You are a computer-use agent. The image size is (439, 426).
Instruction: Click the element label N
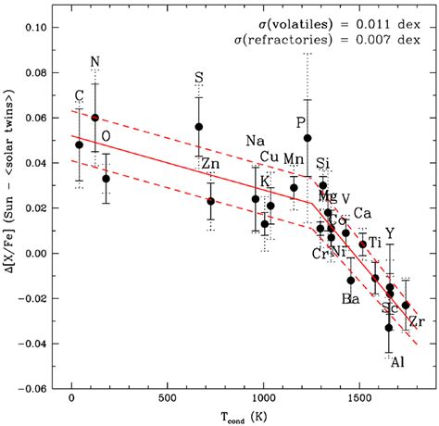(95, 63)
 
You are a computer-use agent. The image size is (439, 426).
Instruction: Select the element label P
(300, 122)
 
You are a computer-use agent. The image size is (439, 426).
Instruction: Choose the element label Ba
(351, 298)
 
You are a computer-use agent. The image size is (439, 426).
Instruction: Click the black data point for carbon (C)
(80, 144)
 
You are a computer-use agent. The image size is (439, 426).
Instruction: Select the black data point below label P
(307, 138)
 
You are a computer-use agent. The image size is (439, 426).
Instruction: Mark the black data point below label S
(198, 127)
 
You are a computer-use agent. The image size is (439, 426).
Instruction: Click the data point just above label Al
(389, 327)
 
